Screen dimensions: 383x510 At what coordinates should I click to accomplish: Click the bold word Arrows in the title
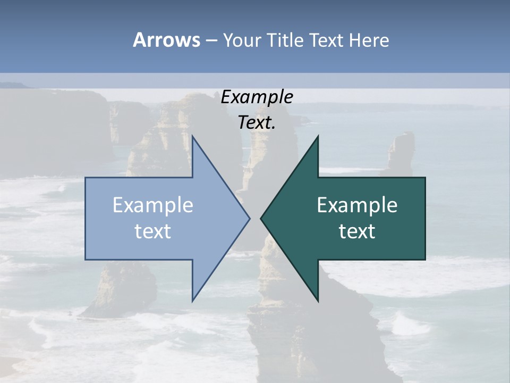click(166, 40)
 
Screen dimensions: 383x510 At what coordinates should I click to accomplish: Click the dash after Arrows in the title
click(211, 41)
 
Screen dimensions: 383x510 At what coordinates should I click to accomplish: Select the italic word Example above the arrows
click(257, 97)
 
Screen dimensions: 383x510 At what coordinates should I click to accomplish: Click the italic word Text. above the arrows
click(257, 122)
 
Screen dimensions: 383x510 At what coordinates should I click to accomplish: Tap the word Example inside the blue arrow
click(153, 205)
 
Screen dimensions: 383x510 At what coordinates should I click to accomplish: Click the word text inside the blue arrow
click(153, 231)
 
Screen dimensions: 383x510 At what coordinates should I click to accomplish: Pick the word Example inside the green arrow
click(357, 205)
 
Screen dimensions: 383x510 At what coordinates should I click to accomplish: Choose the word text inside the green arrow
click(357, 231)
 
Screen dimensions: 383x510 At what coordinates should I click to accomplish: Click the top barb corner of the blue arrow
click(192, 137)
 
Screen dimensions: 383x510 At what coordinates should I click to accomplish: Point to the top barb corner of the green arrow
click(318, 137)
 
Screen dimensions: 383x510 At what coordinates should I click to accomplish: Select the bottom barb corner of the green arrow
click(318, 301)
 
